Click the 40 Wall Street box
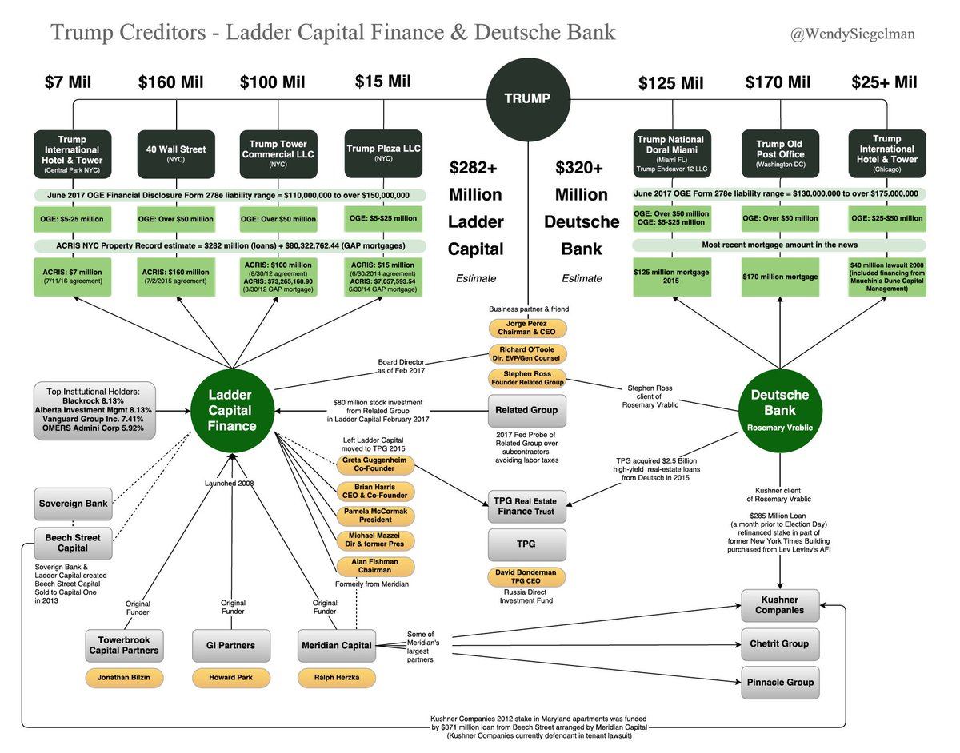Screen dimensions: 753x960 click(175, 153)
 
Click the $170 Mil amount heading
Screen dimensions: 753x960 click(778, 82)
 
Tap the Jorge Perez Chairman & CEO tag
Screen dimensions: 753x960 click(527, 328)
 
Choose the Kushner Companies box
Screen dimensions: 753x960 click(780, 604)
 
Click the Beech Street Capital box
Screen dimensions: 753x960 click(73, 543)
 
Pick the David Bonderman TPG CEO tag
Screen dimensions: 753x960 click(527, 577)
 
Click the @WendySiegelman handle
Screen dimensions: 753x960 click(851, 34)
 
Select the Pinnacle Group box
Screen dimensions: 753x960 click(780, 682)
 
